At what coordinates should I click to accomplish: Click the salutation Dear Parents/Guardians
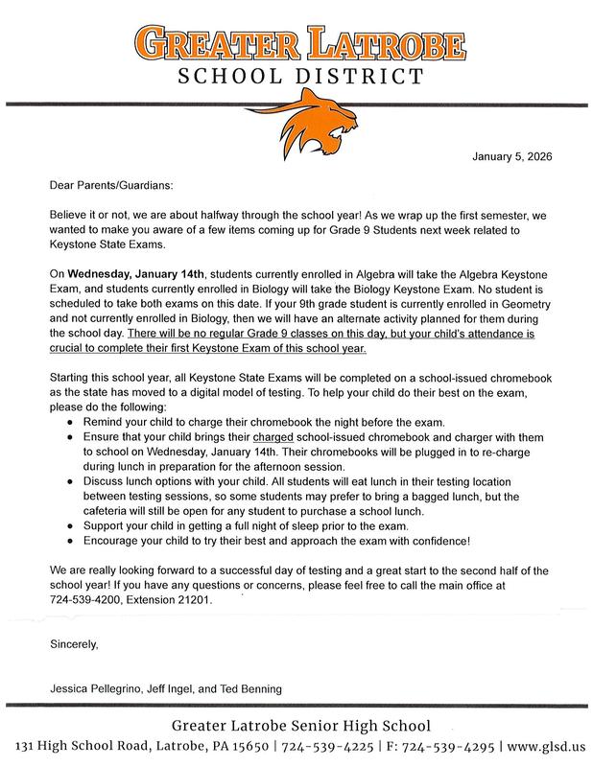(x=109, y=187)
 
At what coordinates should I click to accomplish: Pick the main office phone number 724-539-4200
(x=87, y=599)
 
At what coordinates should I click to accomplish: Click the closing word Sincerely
(x=74, y=644)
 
